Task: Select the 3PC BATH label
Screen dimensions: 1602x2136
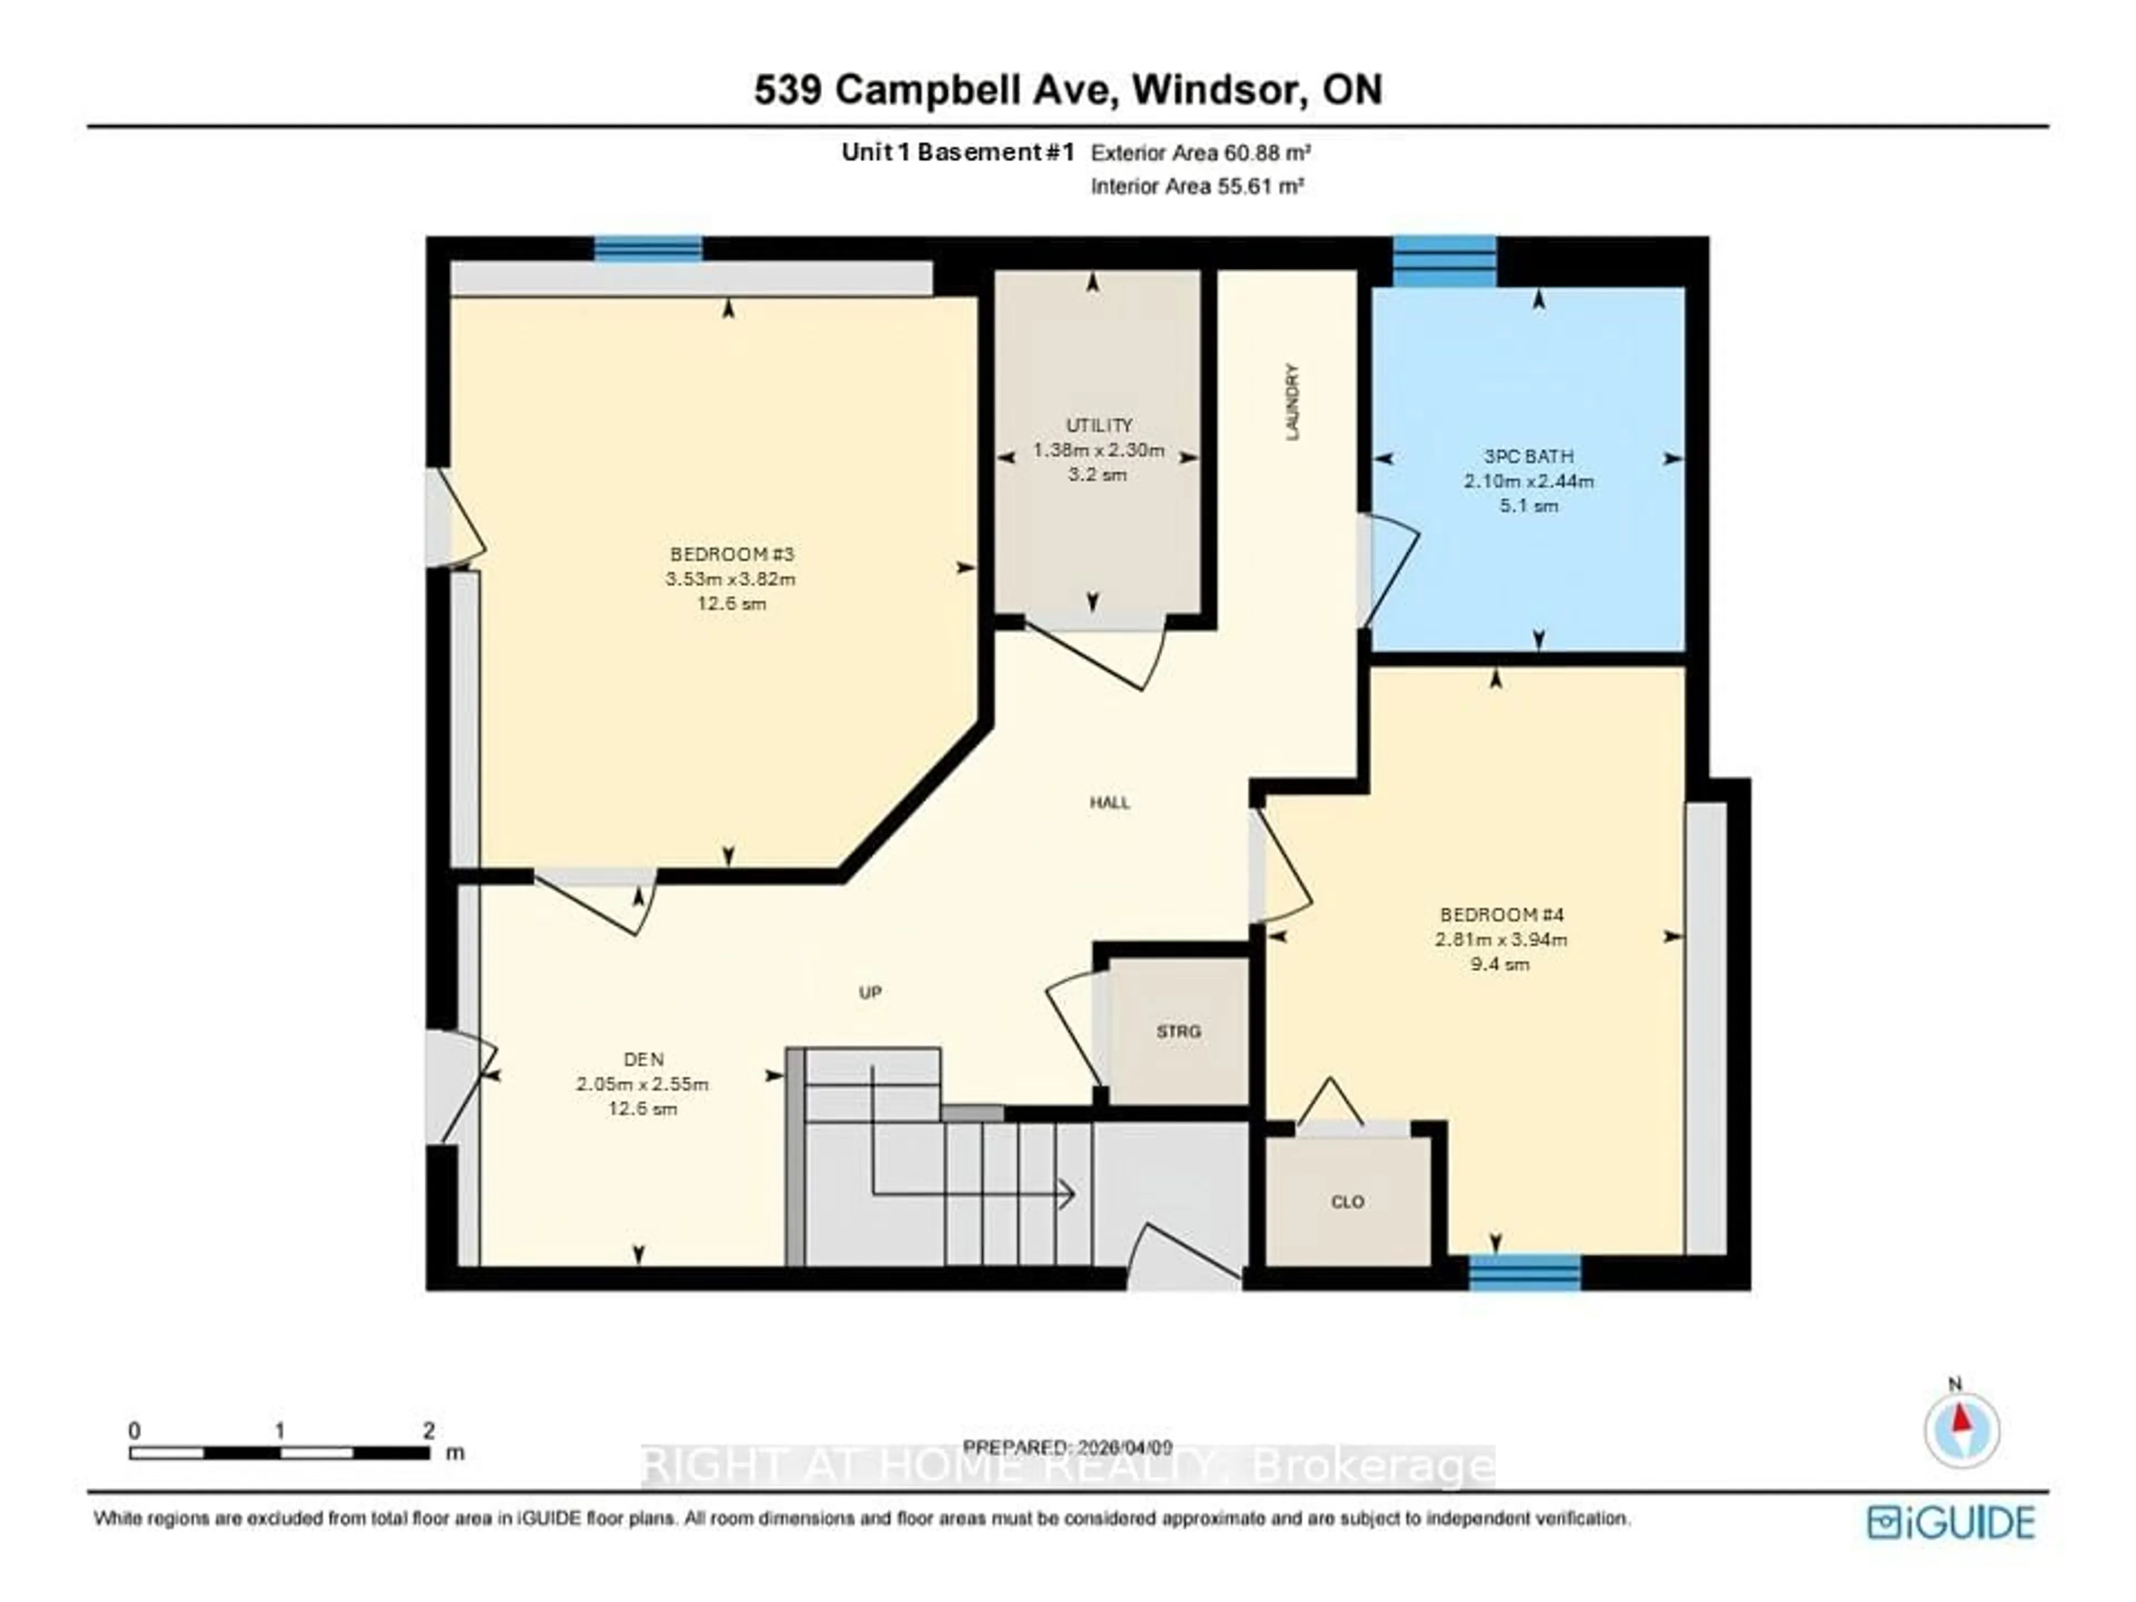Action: click(x=1529, y=456)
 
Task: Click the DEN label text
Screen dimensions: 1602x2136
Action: click(x=643, y=1059)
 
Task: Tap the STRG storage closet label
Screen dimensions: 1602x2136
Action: click(x=1178, y=1031)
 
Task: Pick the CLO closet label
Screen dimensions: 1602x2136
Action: click(x=1347, y=1201)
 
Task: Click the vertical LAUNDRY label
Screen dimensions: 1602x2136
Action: click(x=1292, y=402)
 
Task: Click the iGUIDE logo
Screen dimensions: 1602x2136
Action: click(x=1951, y=1523)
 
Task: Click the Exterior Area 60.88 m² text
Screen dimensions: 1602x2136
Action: click(x=1200, y=152)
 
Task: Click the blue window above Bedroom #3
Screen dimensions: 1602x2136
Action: click(x=648, y=249)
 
